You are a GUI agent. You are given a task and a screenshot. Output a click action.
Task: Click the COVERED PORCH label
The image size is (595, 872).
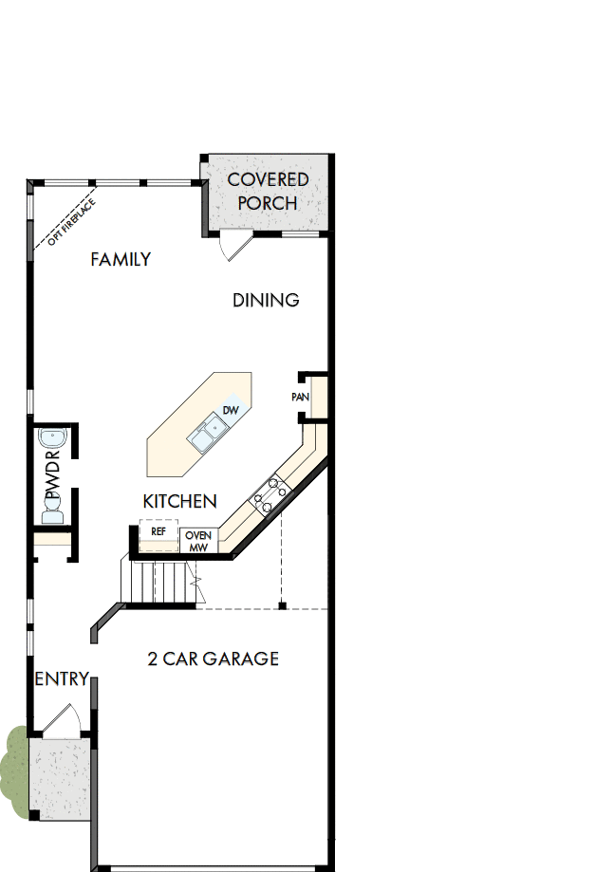pos(268,191)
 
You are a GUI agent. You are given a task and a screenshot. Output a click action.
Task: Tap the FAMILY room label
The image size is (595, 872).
pos(121,259)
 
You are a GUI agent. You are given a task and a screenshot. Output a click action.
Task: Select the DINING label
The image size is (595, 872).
pos(267,300)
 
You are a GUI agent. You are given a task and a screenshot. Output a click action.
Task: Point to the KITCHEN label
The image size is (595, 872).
pos(180,501)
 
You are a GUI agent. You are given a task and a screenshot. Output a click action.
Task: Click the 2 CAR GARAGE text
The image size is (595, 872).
pos(214,659)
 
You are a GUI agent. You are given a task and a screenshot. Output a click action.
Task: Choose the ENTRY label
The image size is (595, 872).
pos(62,679)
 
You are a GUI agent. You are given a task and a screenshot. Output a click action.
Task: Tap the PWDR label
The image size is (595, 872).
pos(52,480)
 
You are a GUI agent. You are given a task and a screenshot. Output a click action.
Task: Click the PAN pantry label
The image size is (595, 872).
pos(301,397)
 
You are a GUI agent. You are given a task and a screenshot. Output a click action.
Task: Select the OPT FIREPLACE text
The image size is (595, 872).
pos(65,220)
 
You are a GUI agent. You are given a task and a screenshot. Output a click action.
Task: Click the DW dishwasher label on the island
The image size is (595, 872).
pos(230,411)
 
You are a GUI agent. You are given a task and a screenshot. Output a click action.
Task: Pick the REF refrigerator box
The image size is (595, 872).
pos(158,532)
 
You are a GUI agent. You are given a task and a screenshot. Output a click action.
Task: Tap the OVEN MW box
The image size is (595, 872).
pos(198,541)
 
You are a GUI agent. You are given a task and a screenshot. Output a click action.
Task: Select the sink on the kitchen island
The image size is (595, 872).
pos(205,436)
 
